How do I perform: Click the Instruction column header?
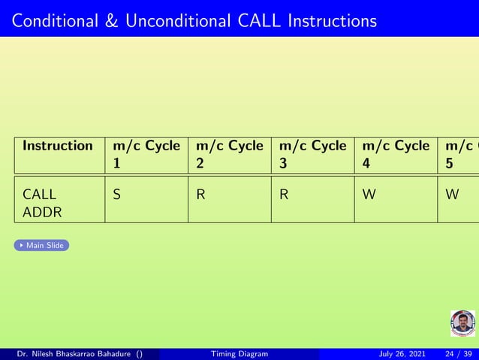pos(58,146)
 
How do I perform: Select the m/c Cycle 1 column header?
pos(146,153)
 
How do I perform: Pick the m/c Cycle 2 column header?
pos(230,153)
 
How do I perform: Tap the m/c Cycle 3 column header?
pos(313,153)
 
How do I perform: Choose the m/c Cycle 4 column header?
pos(396,153)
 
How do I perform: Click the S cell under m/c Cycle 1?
pos(116,195)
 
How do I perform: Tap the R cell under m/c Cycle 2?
pos(200,195)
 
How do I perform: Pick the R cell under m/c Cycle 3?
pos(284,195)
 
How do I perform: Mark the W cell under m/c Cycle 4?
pos(368,195)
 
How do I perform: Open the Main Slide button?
pos(42,245)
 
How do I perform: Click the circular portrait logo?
pos(462,323)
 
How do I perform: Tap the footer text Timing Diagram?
pos(239,354)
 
